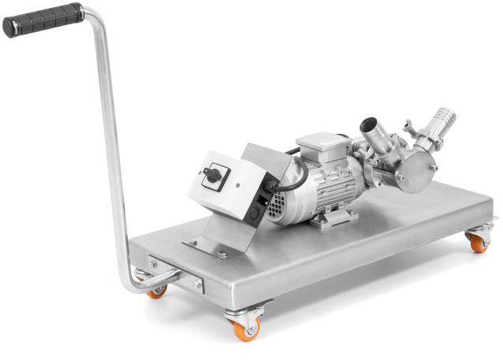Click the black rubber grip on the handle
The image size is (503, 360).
point(43,20)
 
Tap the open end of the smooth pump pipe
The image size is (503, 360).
point(368,126)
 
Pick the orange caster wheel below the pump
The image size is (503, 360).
point(479,243)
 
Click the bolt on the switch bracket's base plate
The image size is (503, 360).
point(222,254)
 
